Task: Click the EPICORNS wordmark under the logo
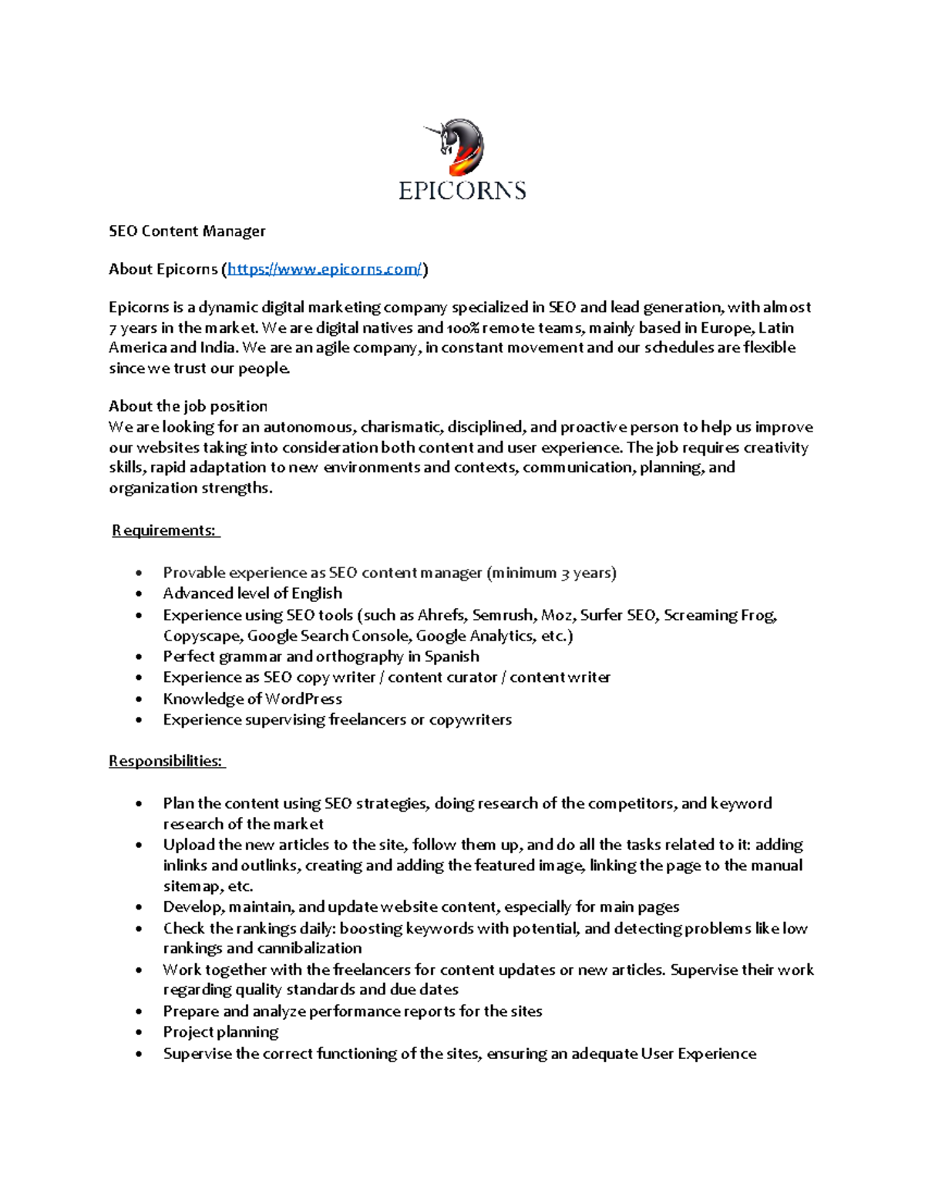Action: pos(462,190)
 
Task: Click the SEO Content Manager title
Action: pos(187,231)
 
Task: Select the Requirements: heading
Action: pos(165,530)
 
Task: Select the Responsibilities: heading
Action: pos(166,762)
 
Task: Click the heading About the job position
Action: pos(187,406)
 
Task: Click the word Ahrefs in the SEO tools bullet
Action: pos(441,615)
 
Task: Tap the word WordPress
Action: pos(303,699)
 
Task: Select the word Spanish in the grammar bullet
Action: pos(452,657)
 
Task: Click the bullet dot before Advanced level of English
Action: pos(139,594)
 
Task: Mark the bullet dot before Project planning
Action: pos(139,1033)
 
